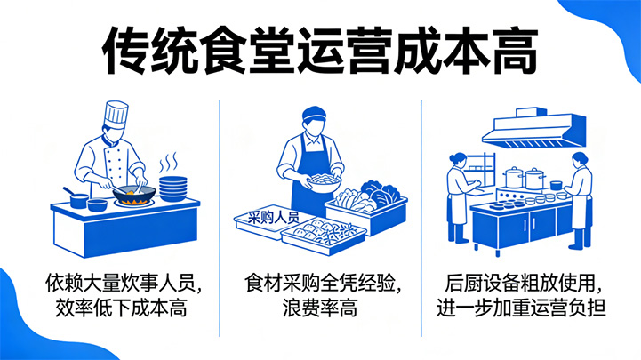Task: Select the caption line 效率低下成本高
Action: (119, 309)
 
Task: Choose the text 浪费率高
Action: (319, 309)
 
